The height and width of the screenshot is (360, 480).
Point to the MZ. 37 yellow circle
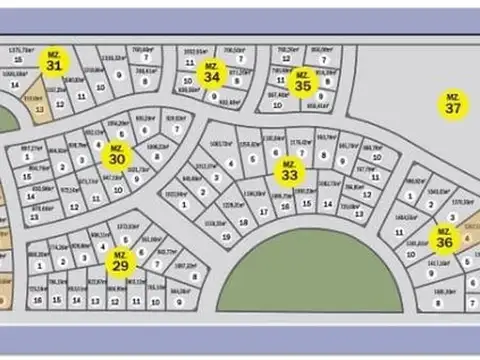click(454, 104)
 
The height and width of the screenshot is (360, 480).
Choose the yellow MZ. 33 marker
click(289, 171)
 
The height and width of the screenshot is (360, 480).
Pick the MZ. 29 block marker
click(120, 262)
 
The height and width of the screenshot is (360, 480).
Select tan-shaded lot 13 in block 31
click(39, 107)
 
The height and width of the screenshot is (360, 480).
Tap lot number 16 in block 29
click(37, 298)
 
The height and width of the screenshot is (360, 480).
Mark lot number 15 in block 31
click(17, 60)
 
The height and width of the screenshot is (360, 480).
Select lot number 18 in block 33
click(263, 211)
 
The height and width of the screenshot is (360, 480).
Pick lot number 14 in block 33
click(330, 202)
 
